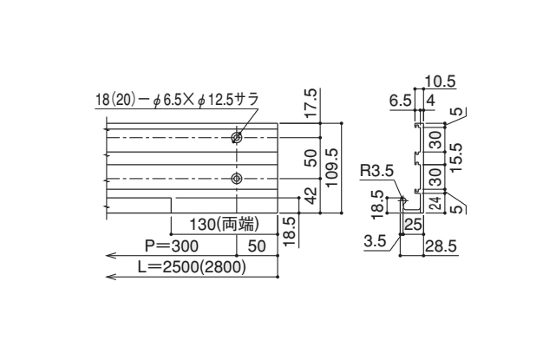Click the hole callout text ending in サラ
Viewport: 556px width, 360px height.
click(177, 100)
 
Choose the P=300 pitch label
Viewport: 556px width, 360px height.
click(173, 247)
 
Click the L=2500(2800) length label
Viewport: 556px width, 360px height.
click(192, 268)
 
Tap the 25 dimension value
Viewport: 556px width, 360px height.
click(413, 226)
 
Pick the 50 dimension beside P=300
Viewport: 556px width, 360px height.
click(257, 247)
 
